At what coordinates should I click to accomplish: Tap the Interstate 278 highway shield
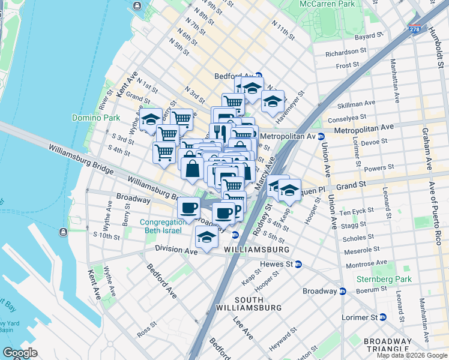(x=415, y=28)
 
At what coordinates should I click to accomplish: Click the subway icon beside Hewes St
(x=298, y=264)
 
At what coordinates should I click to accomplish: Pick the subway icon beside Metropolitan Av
(x=321, y=136)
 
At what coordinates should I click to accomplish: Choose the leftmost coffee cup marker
(x=189, y=208)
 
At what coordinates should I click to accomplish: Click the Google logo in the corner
(x=20, y=353)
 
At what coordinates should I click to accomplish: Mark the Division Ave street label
(x=176, y=248)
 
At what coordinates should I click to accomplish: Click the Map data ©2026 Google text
(x=412, y=355)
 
